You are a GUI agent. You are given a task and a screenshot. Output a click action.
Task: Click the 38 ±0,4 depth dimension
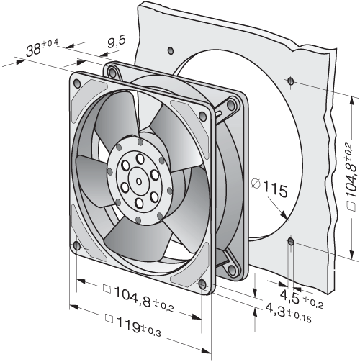(42, 48)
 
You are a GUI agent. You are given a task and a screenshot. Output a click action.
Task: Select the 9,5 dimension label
(117, 42)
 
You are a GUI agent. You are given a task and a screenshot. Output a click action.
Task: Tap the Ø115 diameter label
(269, 188)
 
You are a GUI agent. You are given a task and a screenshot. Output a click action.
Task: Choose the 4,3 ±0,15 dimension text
(288, 312)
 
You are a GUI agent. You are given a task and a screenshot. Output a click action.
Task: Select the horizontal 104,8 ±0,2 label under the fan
(138, 298)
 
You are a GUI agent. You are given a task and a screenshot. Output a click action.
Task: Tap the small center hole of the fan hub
(139, 181)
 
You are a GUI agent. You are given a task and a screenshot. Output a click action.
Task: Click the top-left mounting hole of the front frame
(78, 83)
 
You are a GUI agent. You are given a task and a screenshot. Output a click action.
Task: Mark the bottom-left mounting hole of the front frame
(77, 246)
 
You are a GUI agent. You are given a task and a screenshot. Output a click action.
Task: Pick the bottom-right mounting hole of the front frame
(202, 284)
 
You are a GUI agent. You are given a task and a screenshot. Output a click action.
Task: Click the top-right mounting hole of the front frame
(203, 117)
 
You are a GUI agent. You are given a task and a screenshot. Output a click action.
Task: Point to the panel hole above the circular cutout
(171, 50)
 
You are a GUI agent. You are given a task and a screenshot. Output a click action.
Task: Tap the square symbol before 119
(109, 319)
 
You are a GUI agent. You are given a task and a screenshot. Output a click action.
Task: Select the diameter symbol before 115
(256, 184)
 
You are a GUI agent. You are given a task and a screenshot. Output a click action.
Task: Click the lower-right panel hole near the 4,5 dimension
(291, 242)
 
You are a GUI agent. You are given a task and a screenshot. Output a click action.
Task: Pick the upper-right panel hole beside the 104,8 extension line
(291, 81)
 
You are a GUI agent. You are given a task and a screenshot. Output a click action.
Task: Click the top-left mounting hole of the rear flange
(112, 71)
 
